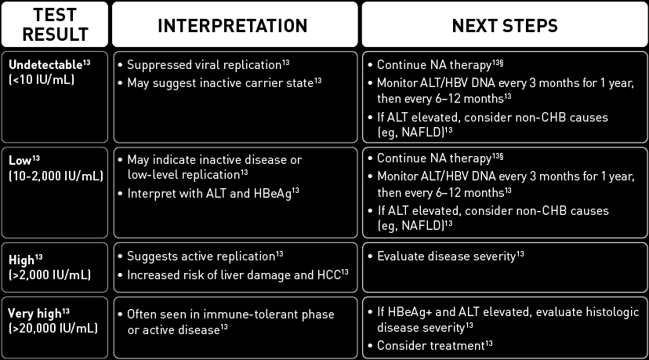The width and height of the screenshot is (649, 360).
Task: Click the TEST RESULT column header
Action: (55, 24)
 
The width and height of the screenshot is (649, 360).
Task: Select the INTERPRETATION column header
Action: (233, 25)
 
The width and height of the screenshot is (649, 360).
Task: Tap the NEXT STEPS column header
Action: (504, 25)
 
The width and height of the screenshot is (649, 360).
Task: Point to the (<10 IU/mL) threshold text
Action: (42, 78)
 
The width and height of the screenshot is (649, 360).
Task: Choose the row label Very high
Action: (35, 313)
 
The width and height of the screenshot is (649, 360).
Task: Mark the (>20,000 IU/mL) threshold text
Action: (53, 327)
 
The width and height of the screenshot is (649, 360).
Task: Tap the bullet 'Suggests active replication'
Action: (200, 256)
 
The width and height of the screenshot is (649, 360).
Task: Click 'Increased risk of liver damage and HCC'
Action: (231, 273)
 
